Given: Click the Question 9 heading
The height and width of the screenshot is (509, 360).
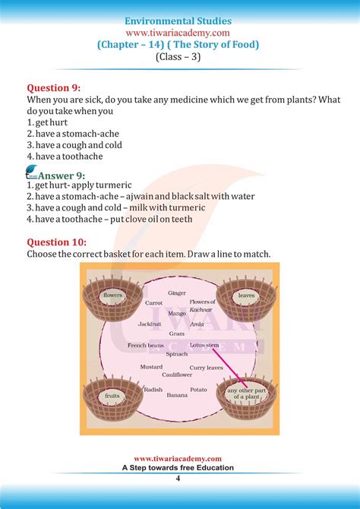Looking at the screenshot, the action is tap(55, 88).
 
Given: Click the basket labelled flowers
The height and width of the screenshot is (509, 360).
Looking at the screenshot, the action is tap(113, 296).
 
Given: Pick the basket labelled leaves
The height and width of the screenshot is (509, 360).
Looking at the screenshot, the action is tap(245, 296).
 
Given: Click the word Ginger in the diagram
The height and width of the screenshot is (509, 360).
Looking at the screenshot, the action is tap(177, 292).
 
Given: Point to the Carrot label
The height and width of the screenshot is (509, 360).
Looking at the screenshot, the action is tap(153, 302).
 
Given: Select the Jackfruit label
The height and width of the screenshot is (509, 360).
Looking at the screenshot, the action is tap(150, 324).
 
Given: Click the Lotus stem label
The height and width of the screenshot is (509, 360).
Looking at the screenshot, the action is tap(204, 345).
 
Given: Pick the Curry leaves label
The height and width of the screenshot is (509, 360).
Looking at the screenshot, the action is tap(206, 368).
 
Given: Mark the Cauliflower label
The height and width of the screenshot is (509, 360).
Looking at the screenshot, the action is tap(177, 375).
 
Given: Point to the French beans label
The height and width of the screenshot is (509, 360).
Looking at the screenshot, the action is tap(146, 346).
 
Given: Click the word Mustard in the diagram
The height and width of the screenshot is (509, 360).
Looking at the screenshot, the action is tap(151, 367).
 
